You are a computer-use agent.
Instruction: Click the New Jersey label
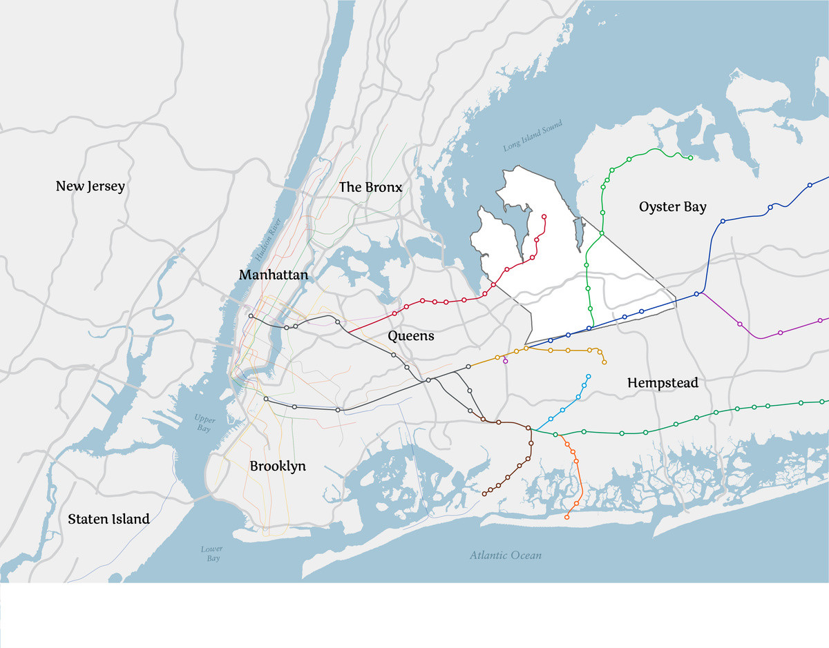pos(90,186)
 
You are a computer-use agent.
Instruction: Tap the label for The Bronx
pos(370,188)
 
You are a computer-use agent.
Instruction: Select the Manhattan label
pos(274,275)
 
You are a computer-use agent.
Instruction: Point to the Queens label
pos(411,336)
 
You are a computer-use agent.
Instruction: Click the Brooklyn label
pos(278,467)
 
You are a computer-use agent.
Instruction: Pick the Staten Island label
pos(108,519)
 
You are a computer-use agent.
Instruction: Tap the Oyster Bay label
pos(672,207)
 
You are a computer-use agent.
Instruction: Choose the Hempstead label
pos(663,383)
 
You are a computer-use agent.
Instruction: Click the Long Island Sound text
pos(533,136)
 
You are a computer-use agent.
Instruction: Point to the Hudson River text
pos(268,239)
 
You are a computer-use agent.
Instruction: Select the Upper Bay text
pos(205,424)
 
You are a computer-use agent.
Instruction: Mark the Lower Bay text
pos(212,553)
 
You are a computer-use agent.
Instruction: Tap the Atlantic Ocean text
pos(506,555)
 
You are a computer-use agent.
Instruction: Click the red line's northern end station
pos(544,217)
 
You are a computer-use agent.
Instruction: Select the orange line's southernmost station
pos(567,517)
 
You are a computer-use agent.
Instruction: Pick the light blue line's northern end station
pos(589,376)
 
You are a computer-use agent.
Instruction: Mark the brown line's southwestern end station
pos(484,494)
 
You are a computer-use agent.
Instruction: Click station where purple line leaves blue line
pos(697,294)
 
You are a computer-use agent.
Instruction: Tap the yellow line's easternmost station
pos(604,362)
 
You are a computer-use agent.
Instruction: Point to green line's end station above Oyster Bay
pos(690,158)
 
